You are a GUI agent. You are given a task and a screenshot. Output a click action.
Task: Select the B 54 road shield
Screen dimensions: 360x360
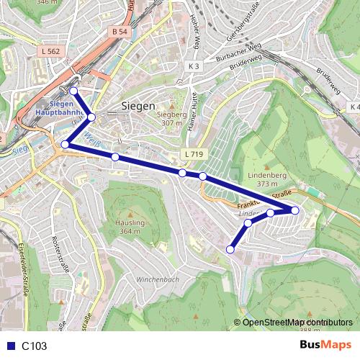tap(120, 32)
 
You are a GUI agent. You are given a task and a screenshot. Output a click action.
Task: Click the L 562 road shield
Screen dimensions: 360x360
tap(51, 52)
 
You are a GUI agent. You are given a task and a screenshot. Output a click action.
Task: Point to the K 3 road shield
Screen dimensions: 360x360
tap(194, 66)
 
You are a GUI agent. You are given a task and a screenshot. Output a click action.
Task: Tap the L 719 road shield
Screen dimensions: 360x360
tap(193, 154)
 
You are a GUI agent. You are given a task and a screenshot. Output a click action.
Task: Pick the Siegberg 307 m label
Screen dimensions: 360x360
tap(171, 118)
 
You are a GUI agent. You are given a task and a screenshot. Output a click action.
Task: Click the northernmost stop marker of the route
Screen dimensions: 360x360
tap(73, 91)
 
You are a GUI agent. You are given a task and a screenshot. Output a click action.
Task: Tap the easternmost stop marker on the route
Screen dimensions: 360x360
tap(295, 210)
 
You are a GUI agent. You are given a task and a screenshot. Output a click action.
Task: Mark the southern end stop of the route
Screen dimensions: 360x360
tap(230, 250)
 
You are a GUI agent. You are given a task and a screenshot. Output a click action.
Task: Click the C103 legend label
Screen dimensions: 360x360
tap(34, 346)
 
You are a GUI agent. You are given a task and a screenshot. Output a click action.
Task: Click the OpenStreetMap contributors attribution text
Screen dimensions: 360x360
tap(297, 323)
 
